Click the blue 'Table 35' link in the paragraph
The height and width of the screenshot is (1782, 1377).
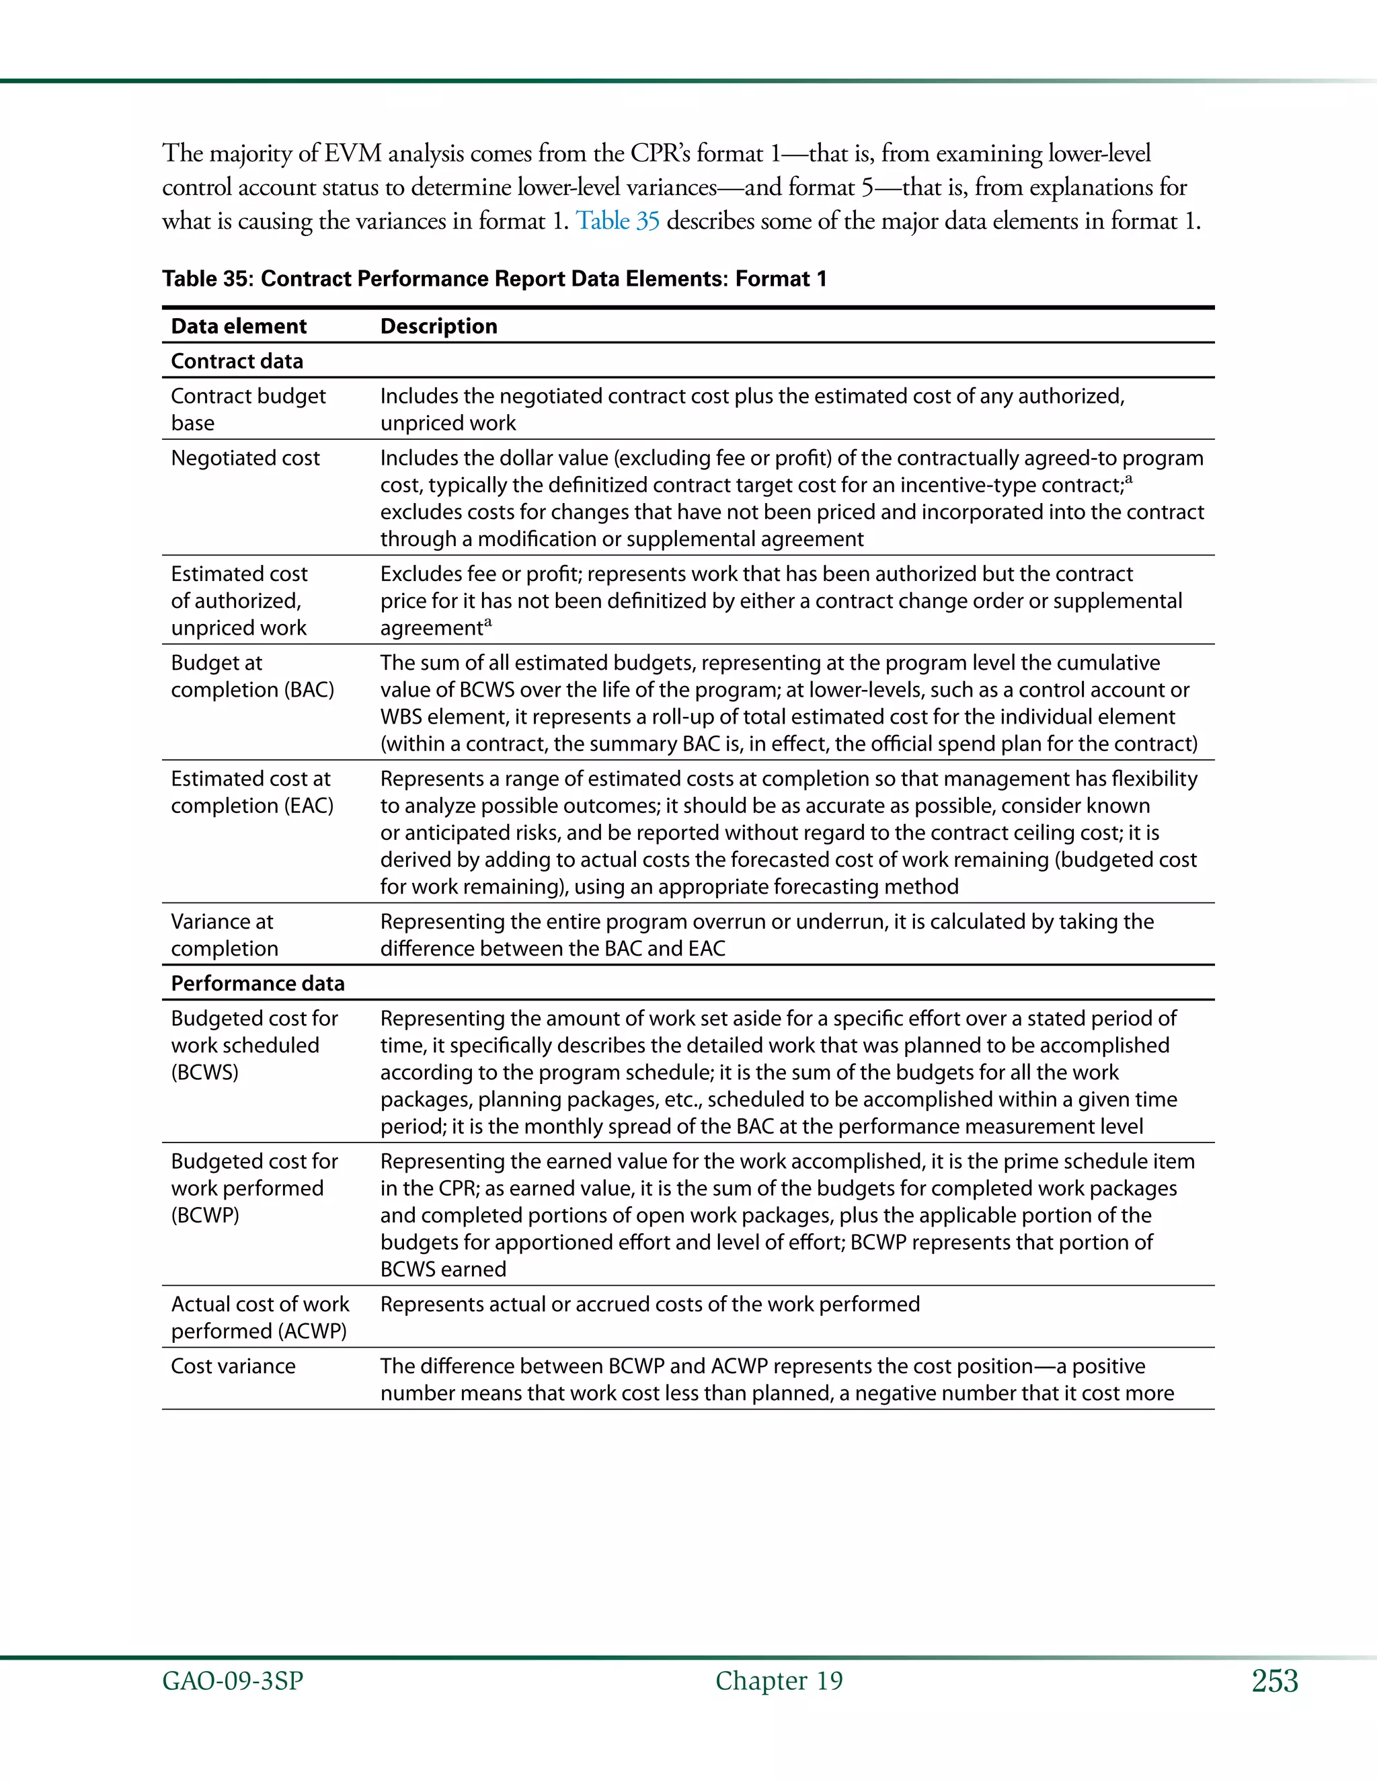pos(617,221)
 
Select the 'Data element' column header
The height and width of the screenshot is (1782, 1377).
pos(238,326)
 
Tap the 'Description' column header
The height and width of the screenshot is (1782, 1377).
pos(438,326)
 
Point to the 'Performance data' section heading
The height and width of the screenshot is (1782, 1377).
pos(257,983)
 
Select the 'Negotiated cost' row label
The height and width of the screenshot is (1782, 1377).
pos(245,458)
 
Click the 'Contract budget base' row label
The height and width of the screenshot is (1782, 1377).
pos(247,409)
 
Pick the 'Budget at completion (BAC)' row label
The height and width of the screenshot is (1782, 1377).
pos(252,676)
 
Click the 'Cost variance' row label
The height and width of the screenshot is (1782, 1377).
pos(233,1366)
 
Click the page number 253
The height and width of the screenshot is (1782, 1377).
pos(1274,1681)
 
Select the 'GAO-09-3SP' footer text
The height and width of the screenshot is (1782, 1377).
pos(233,1681)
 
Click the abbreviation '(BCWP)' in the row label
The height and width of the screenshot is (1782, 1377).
pos(205,1215)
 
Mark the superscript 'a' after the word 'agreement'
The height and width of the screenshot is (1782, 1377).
pos(488,623)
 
